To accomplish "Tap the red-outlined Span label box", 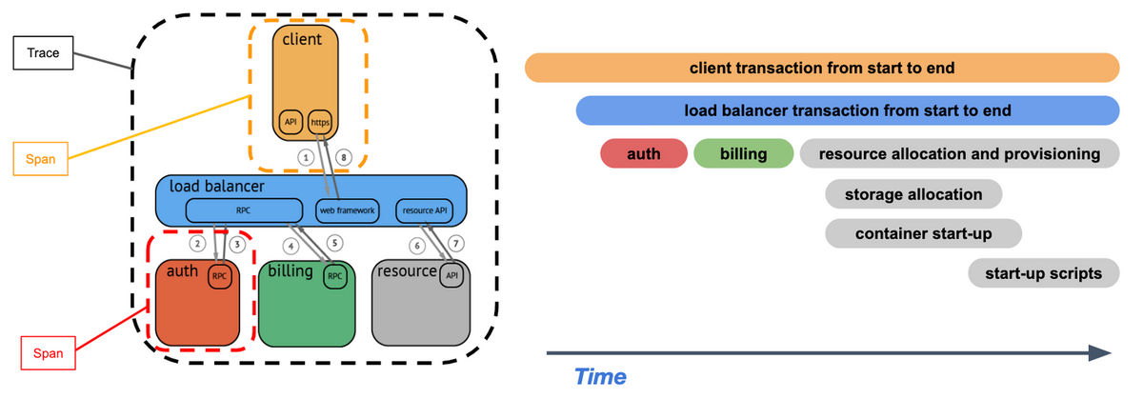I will (x=49, y=353).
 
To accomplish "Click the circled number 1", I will (x=306, y=157).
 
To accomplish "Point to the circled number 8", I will (x=344, y=157).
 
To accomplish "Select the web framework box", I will (x=348, y=209).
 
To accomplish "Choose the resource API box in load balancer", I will (x=422, y=209).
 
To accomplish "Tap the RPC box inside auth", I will (x=219, y=276).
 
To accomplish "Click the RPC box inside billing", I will (x=334, y=276).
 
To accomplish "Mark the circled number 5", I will (x=333, y=243).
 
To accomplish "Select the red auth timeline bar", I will (x=644, y=153).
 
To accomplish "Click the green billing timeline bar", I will (x=744, y=153).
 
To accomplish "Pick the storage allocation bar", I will (x=913, y=194).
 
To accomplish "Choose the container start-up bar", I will (x=924, y=233).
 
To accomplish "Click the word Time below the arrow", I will (x=600, y=377).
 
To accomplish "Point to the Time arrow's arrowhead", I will (x=1105, y=353).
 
